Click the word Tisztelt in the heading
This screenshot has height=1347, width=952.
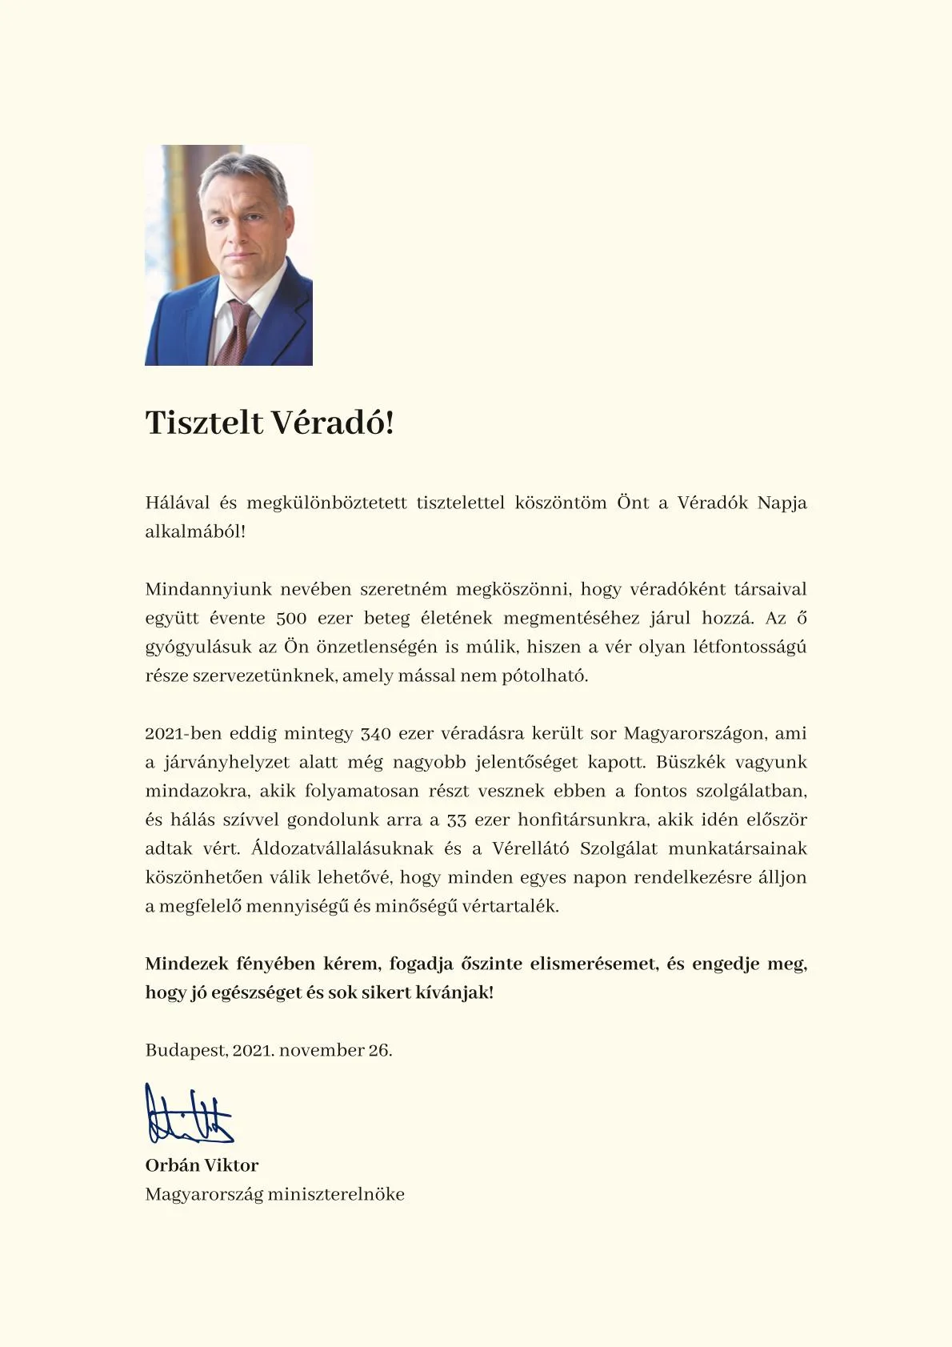[x=204, y=423]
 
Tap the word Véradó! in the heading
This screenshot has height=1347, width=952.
[x=332, y=423]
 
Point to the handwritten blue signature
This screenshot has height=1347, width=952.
[x=189, y=1114]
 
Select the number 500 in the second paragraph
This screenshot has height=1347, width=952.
[x=291, y=618]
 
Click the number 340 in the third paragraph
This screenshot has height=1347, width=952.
[x=375, y=733]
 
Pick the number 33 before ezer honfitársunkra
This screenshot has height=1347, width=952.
[x=457, y=820]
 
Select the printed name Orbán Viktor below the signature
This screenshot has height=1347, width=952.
[x=202, y=1165]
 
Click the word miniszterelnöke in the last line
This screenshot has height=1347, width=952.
[x=336, y=1194]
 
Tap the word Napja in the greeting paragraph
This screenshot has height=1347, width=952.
[x=782, y=503]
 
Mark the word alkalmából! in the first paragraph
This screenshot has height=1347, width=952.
[x=195, y=531]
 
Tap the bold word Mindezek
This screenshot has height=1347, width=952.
[x=185, y=964]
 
